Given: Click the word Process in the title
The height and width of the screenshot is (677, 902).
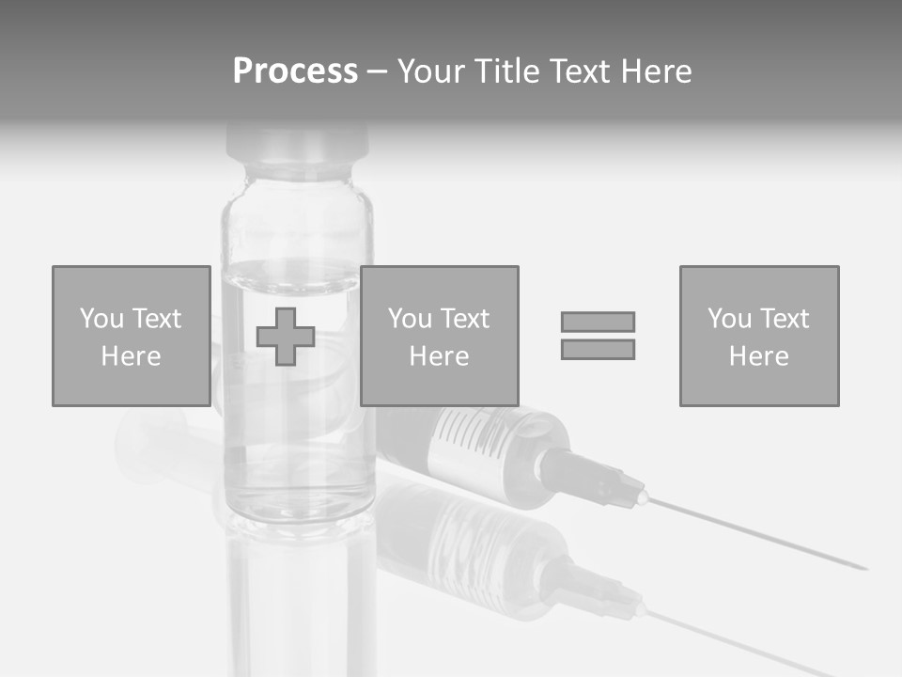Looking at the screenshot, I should pos(295,71).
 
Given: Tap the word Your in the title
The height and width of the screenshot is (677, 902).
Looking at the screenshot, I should pos(432,71).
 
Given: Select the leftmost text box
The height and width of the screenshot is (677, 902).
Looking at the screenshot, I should pos(131,336).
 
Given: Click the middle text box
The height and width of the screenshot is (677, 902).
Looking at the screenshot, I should pos(439,336).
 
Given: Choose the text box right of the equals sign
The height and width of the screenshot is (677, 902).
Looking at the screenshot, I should pos(758,336).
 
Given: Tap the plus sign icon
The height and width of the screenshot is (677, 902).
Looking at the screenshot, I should pos(286,337).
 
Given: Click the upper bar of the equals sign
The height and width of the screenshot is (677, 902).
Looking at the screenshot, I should pos(598,322).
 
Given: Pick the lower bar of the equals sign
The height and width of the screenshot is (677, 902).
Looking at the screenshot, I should pos(598,350).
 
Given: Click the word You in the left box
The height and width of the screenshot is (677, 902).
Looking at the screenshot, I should pos(101,318).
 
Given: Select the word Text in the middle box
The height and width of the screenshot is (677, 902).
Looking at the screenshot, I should pos(465,318).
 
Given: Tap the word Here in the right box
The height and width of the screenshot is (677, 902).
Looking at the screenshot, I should pos(758,355).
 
